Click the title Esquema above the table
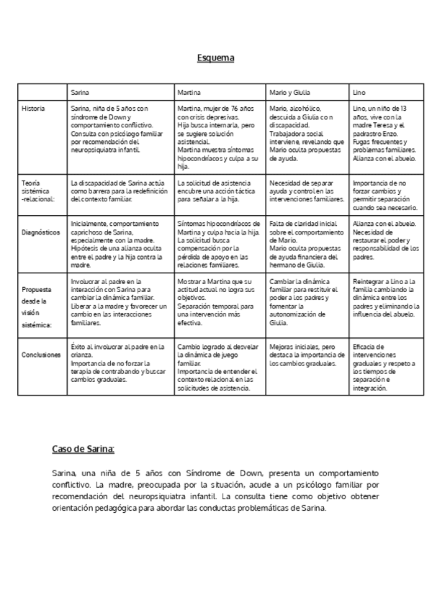point(216,58)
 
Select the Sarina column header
point(80,94)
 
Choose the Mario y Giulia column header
point(289,94)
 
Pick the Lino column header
point(359,94)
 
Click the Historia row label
point(33,108)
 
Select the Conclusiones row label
point(40,353)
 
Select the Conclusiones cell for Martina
point(218,367)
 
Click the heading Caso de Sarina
point(83,450)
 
